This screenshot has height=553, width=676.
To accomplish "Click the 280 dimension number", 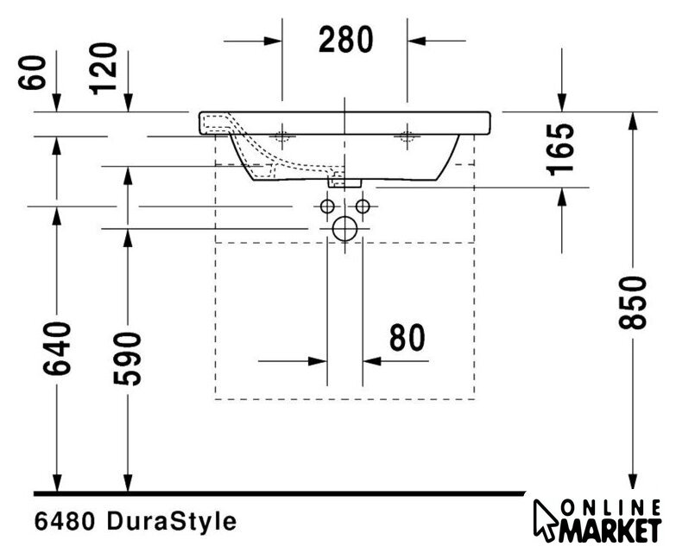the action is pos(345,40).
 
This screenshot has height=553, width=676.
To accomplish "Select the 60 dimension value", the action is pos(32,73).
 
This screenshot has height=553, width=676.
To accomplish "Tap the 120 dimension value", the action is pos(103,68).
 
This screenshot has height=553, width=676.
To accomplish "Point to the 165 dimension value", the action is pos(560,149).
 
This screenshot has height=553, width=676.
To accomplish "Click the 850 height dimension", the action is pos(633,302).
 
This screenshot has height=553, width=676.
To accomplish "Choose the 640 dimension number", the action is pos(57,348).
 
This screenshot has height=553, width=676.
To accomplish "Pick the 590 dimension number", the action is pos(128,359).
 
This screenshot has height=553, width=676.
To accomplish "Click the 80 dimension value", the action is pos(407,338).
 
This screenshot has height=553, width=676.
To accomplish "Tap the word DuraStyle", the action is pos(172,521).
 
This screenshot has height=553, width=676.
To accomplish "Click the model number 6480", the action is pos(65,522).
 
